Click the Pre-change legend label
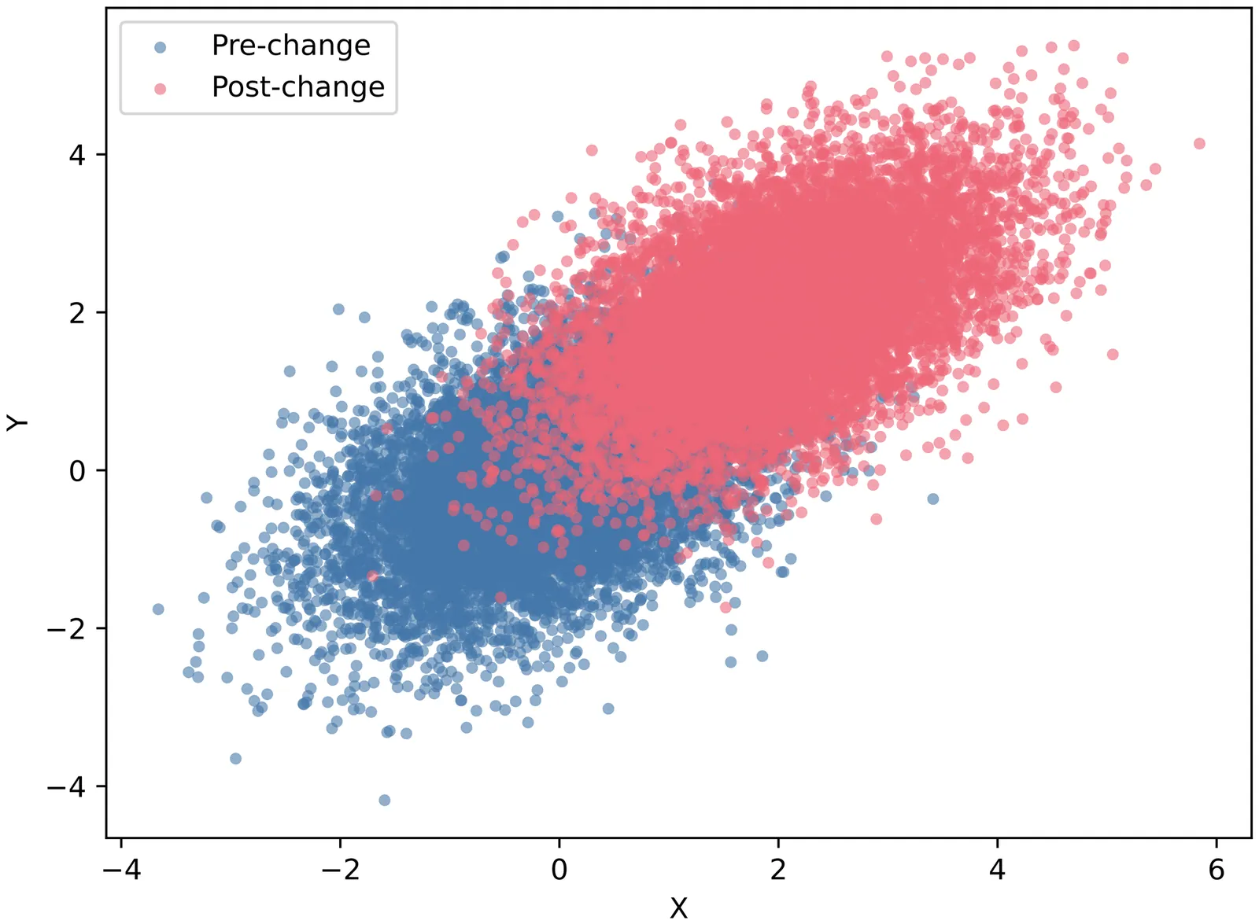pyautogui.click(x=290, y=46)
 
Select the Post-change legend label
pyautogui.click(x=298, y=87)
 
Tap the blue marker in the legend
pyautogui.click(x=161, y=47)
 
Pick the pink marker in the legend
pyautogui.click(x=161, y=89)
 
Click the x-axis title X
pyautogui.click(x=678, y=908)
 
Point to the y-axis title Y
pyautogui.click(x=17, y=422)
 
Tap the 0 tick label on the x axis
pyautogui.click(x=559, y=870)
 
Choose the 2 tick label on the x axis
pyautogui.click(x=778, y=870)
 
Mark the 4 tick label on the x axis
pyautogui.click(x=998, y=870)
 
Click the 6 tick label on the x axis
pyautogui.click(x=1217, y=870)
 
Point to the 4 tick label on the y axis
pyautogui.click(x=77, y=155)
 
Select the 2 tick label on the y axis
pyautogui.click(x=77, y=313)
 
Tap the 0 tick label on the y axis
pyautogui.click(x=77, y=471)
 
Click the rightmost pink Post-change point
pyautogui.click(x=1199, y=144)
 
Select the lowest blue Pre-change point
pyautogui.click(x=385, y=801)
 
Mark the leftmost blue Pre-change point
pyautogui.click(x=158, y=609)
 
